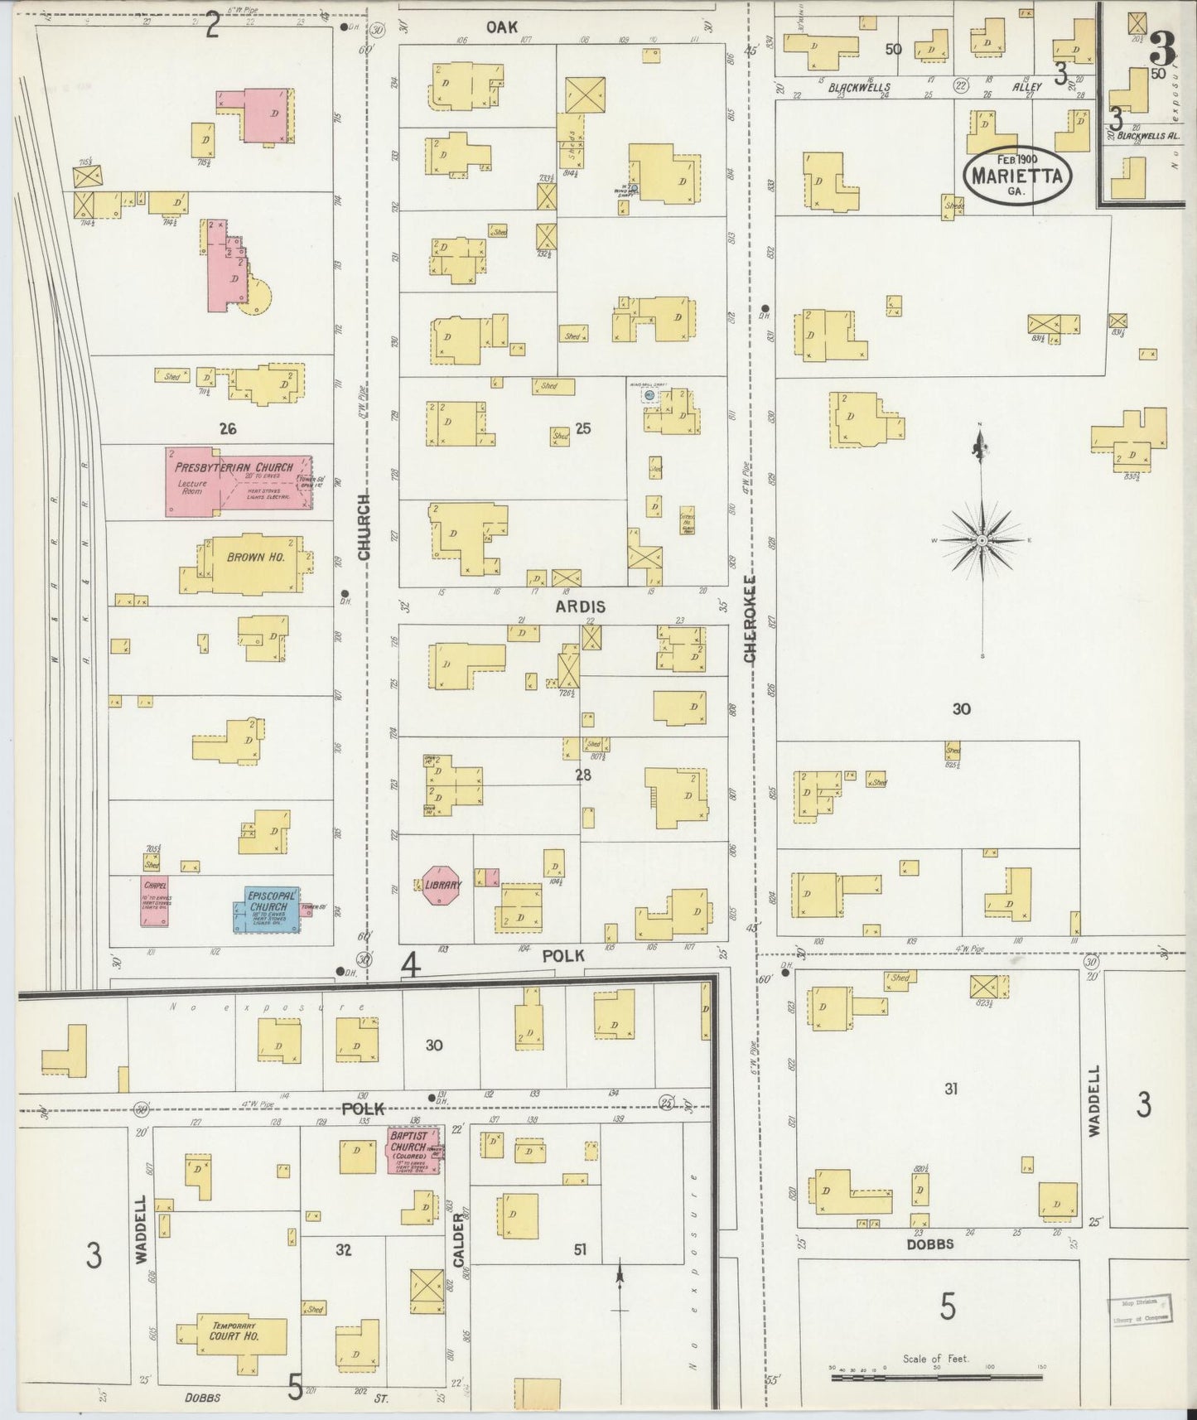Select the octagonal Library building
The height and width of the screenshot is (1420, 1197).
pos(442,886)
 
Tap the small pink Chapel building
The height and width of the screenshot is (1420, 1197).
pos(155,900)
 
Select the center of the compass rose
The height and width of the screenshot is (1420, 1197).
pos(982,540)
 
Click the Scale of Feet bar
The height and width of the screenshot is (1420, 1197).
pos(936,1378)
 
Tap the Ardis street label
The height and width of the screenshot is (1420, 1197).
pos(580,606)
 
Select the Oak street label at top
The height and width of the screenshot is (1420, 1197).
pos(502,27)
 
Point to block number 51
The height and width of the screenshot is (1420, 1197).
pos(580,1249)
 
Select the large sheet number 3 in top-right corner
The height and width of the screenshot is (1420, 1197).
pos(1161,52)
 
